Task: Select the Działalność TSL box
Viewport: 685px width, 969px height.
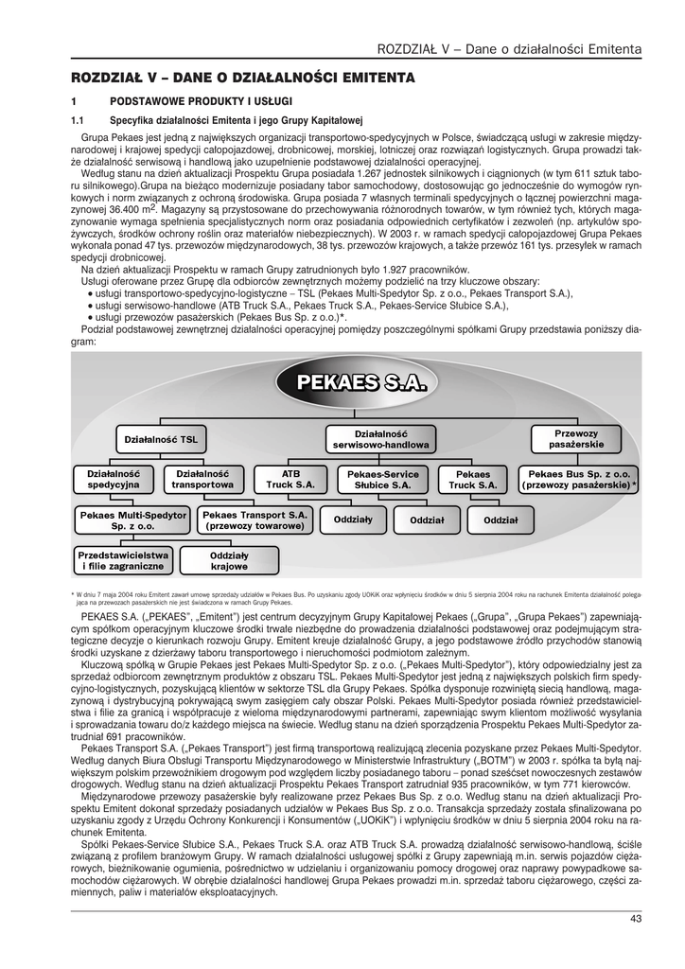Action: tap(162, 439)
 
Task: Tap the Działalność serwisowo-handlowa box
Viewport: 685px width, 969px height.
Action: tap(380, 437)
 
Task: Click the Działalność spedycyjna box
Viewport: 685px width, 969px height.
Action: tap(114, 478)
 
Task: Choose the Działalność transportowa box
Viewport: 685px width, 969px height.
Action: tap(203, 478)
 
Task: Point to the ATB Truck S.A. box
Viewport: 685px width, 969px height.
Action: tap(290, 478)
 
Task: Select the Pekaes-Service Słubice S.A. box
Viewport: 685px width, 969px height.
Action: tap(382, 478)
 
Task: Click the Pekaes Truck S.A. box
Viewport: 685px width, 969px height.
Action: tap(473, 478)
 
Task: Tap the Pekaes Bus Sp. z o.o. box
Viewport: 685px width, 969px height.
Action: tap(579, 478)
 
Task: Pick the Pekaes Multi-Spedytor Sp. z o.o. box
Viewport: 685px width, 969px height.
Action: tap(133, 519)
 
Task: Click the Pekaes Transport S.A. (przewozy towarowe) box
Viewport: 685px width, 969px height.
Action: tap(255, 519)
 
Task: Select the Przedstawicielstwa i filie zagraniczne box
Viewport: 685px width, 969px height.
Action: tap(122, 560)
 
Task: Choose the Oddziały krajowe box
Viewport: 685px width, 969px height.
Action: tap(229, 560)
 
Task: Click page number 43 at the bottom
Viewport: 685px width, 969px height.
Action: tap(635, 917)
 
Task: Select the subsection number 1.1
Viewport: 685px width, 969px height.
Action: tap(79, 120)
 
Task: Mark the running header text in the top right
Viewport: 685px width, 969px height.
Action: tap(509, 48)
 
